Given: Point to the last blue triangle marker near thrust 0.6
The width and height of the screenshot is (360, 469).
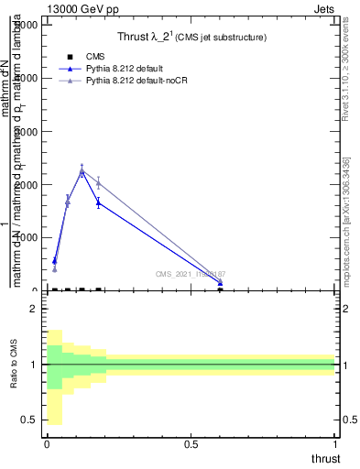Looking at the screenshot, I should click(220, 284).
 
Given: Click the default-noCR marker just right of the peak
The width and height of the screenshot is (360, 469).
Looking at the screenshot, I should click(98, 183).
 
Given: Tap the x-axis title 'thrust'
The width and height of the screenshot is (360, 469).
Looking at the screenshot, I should click(325, 458).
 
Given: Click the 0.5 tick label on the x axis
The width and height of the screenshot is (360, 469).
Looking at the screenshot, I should click(191, 444).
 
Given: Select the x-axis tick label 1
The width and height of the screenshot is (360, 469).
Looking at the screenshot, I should click(336, 444).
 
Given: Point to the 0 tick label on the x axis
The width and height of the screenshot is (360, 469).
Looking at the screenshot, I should click(47, 444).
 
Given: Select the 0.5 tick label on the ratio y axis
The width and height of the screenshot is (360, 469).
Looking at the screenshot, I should click(28, 420).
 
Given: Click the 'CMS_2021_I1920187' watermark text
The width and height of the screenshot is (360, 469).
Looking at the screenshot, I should click(190, 274).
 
